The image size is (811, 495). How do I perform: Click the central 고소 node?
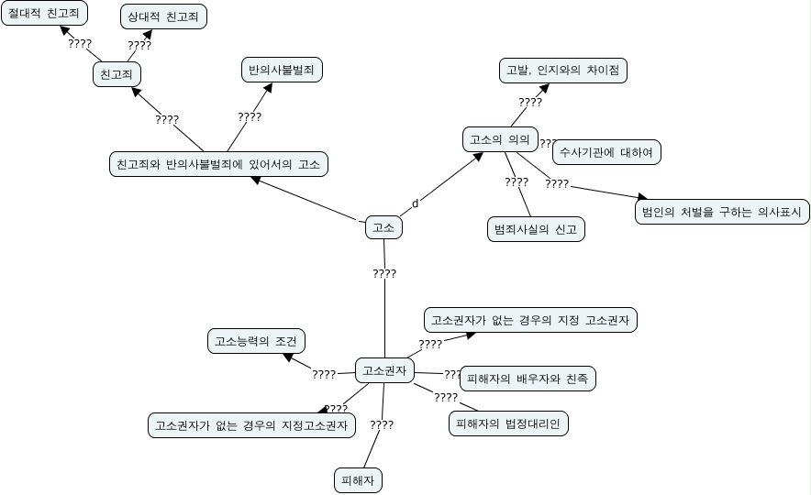coord(383,227)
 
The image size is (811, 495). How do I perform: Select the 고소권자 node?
coord(384,370)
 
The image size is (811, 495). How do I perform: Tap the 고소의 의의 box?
coord(499,139)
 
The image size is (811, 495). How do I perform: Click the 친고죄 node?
coord(116,74)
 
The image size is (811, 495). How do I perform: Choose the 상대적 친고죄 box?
coord(164,16)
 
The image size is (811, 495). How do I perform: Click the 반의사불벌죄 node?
coord(282,70)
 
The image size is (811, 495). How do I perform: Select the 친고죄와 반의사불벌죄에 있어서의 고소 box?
coord(218,164)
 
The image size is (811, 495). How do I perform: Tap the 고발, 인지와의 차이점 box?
coord(562,70)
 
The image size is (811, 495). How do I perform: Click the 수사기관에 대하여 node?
coord(606,152)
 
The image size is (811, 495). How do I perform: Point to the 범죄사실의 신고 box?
coord(535,229)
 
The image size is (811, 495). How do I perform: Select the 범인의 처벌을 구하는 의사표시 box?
coord(722,212)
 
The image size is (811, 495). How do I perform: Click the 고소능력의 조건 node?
coord(256,342)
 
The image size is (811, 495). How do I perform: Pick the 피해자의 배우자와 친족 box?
coord(528,378)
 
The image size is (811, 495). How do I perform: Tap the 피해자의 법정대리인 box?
coord(509,423)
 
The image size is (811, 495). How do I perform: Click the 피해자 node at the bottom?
coord(358,480)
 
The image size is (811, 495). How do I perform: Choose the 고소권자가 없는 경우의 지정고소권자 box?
coord(251,425)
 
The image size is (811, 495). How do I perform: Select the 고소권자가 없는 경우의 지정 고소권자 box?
coord(530,320)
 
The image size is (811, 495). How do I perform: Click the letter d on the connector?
coord(415,203)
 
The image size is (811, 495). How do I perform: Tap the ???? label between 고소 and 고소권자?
coord(384,274)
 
